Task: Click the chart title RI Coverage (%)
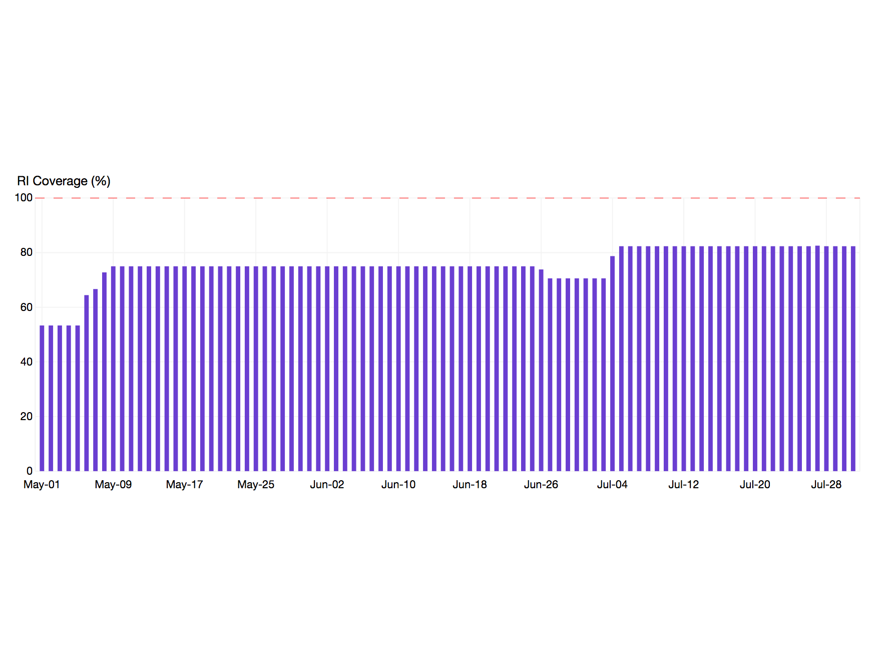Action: tap(64, 181)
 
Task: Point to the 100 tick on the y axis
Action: tap(24, 198)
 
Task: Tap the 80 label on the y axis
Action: tap(26, 252)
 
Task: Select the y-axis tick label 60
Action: tap(26, 307)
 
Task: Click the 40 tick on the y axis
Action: tap(26, 362)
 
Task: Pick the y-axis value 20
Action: tap(26, 417)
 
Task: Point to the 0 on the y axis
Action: tap(29, 471)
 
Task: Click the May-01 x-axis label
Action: tap(42, 485)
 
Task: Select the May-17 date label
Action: tap(184, 485)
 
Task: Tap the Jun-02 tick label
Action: tap(327, 485)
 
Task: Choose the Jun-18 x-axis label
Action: tap(470, 485)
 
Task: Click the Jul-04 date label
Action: tap(612, 485)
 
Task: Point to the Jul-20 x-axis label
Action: tap(755, 485)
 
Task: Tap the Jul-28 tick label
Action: tap(826, 485)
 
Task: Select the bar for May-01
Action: tap(42, 398)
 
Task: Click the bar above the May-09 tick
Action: tap(113, 369)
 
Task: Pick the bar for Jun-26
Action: tap(541, 370)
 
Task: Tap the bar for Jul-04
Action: tap(612, 364)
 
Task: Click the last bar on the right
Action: tap(853, 359)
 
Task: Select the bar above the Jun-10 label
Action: tap(398, 369)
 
